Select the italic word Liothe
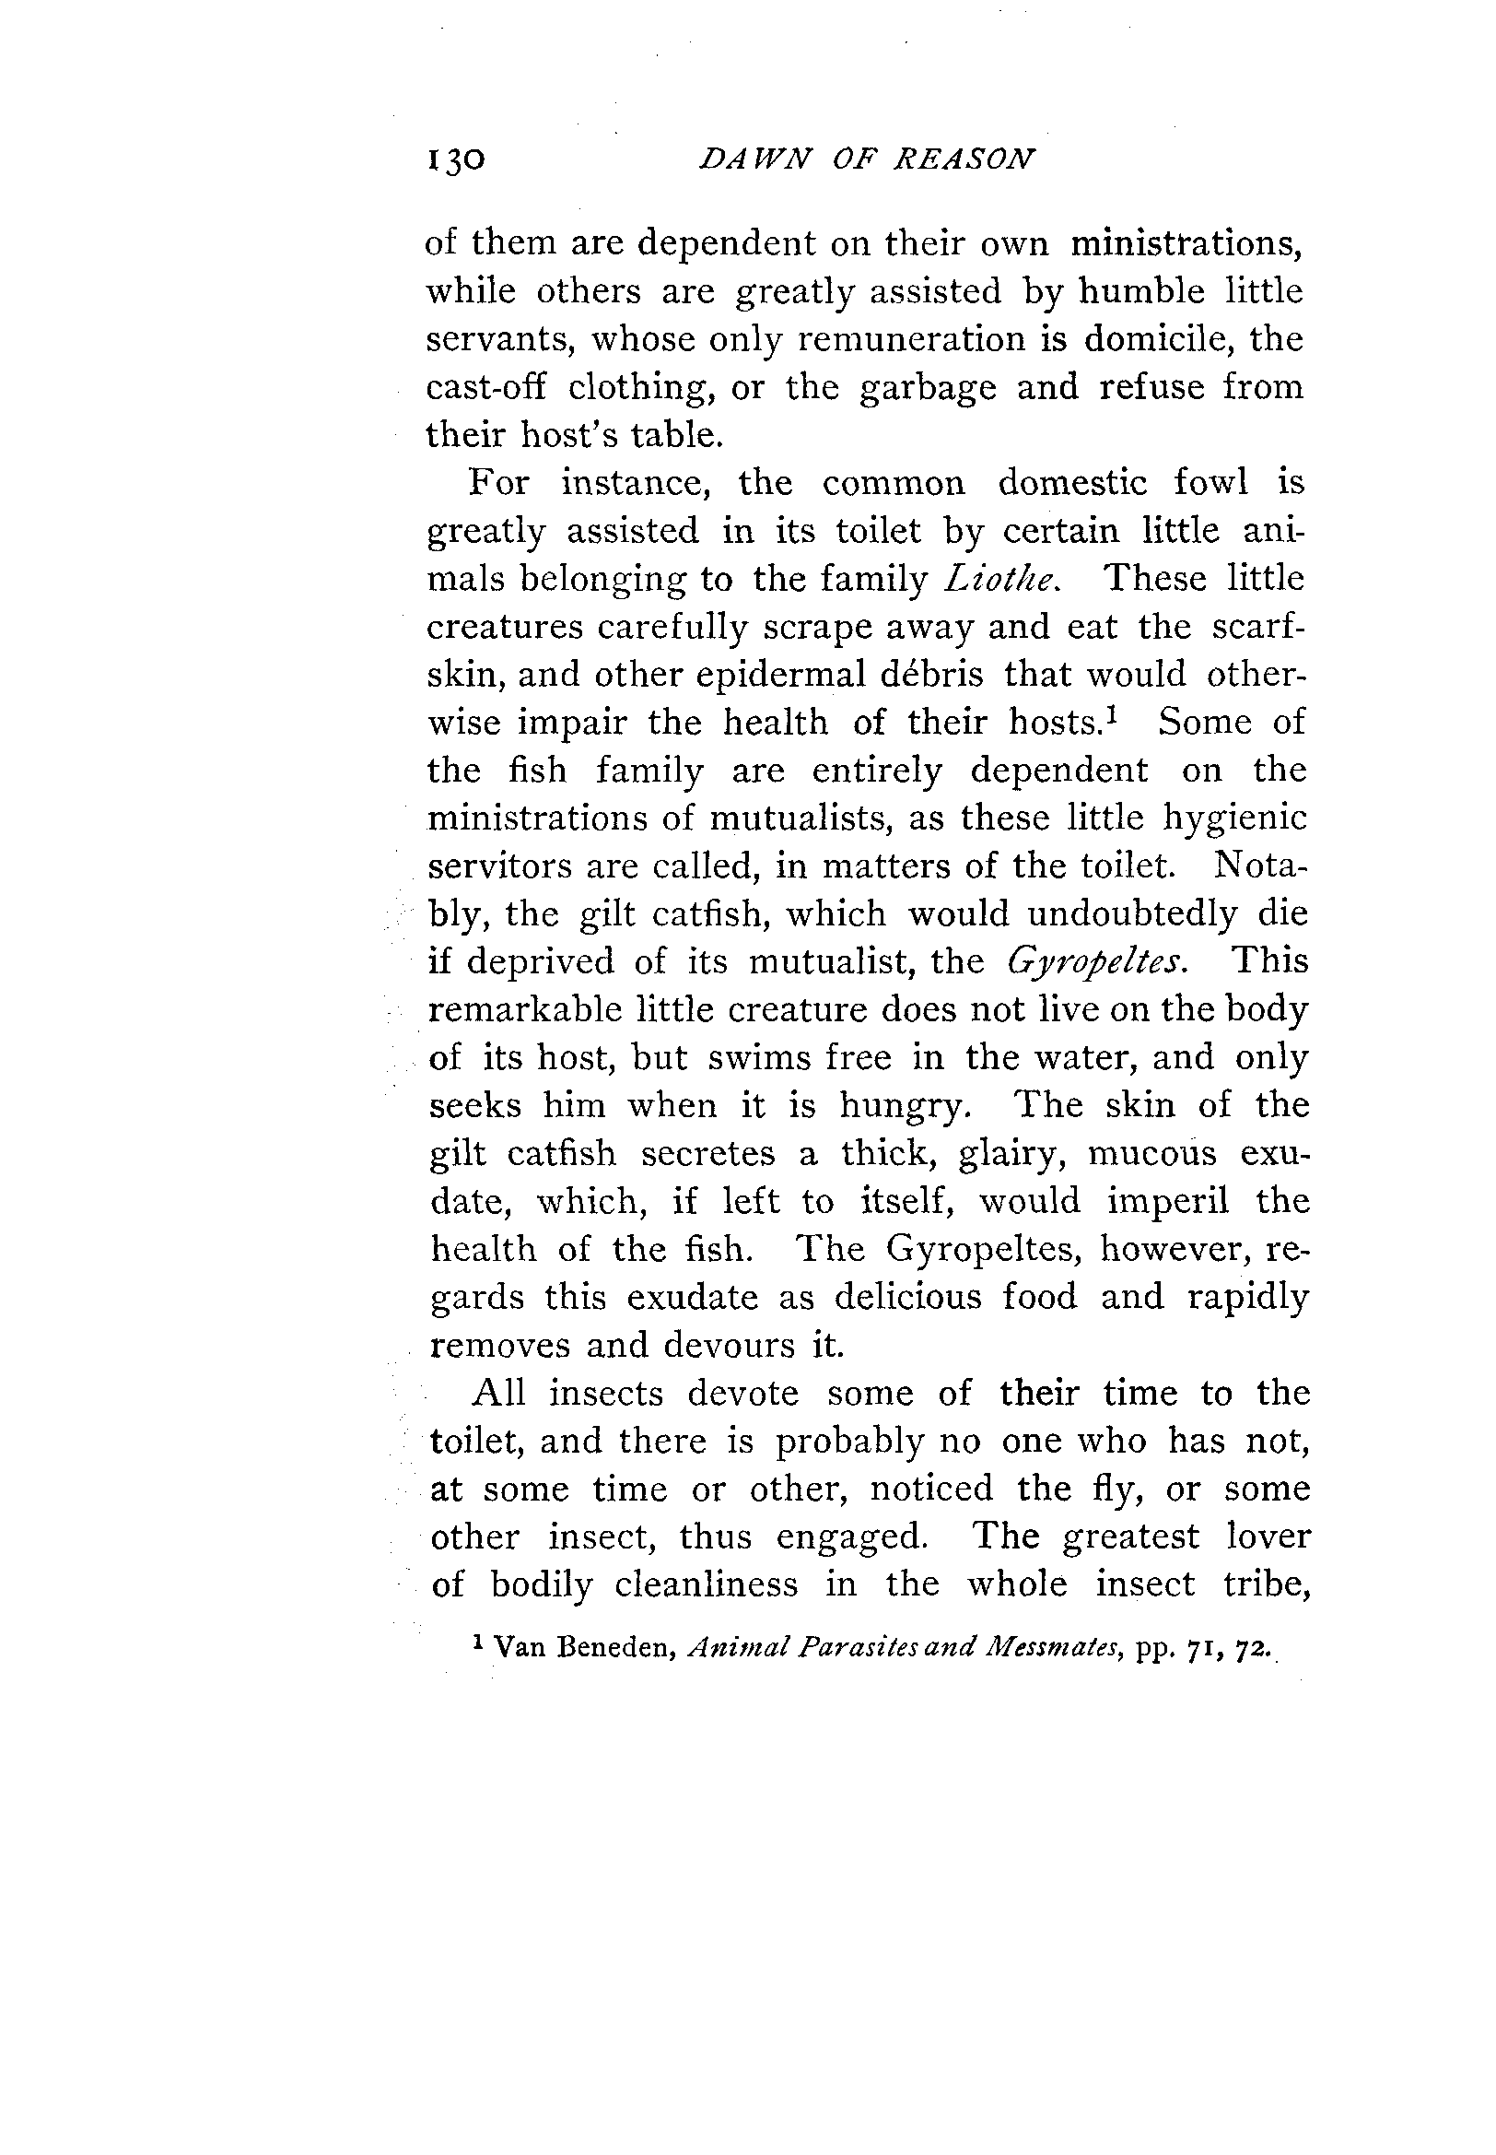[1001, 579]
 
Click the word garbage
[928, 388]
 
